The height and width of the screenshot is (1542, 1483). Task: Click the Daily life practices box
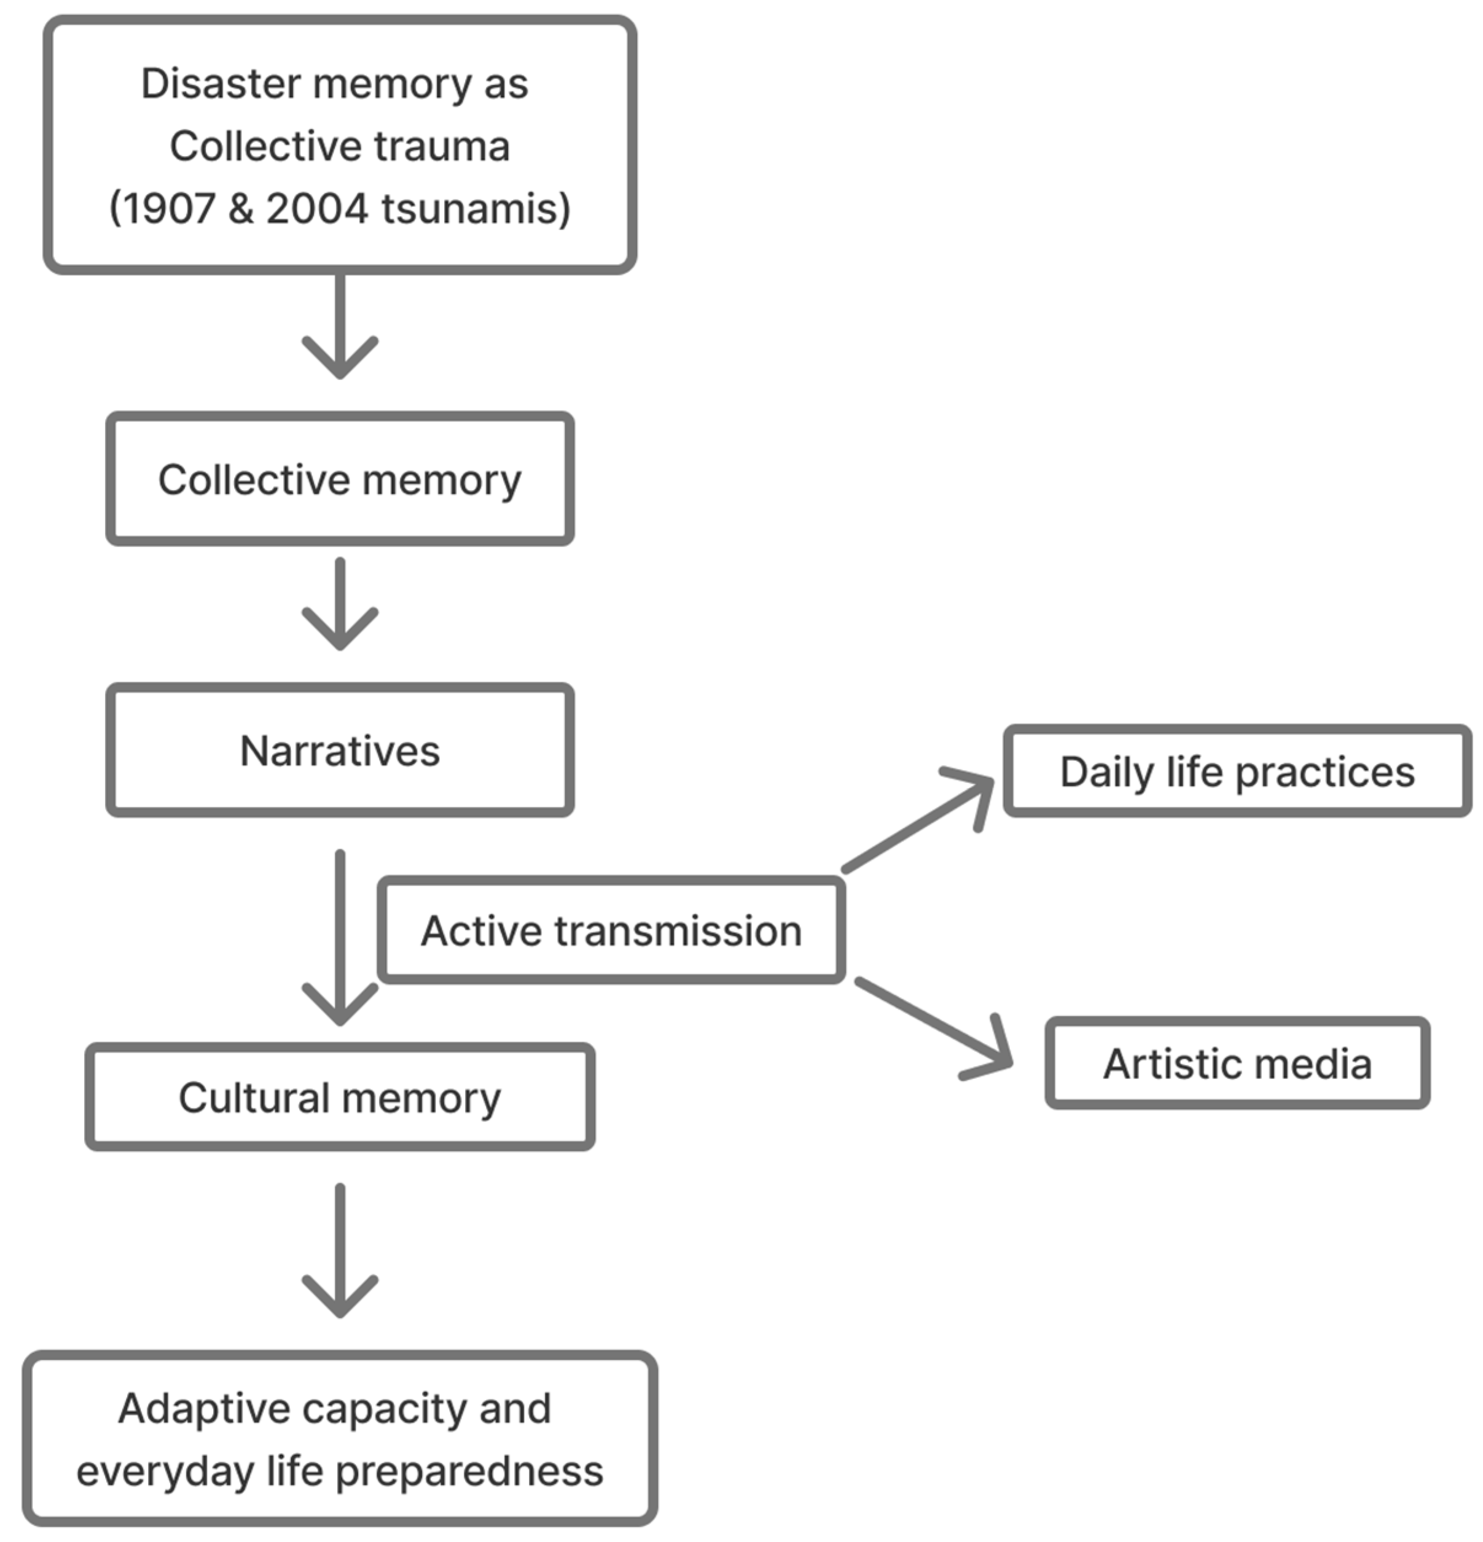1237,772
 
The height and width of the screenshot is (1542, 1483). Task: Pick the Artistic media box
1237,1064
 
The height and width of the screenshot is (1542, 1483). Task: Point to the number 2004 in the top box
317,209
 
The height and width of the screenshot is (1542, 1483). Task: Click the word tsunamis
475,209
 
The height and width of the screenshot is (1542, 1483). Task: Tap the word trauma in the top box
442,146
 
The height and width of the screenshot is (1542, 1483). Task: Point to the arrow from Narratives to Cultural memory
340,936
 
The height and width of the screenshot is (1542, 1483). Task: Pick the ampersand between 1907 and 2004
241,209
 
